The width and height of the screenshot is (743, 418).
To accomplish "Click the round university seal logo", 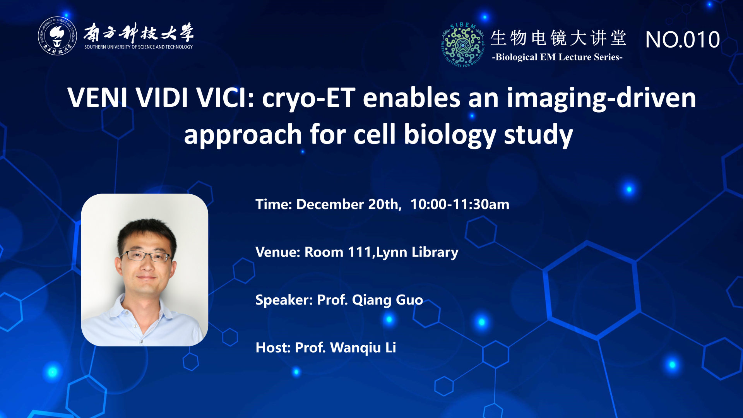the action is click(57, 36).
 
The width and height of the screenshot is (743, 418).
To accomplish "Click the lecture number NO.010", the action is click(683, 39).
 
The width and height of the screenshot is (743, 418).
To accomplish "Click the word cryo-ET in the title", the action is click(308, 98).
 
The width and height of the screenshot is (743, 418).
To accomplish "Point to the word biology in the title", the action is click(450, 135).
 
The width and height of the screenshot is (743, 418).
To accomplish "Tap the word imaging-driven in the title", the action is click(601, 98).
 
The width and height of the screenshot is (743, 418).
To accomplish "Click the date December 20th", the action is click(349, 204).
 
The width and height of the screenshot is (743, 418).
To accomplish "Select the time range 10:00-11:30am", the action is click(460, 204).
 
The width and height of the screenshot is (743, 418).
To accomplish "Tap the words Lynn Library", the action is click(417, 252).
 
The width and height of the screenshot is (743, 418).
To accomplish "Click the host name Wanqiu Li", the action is click(363, 348).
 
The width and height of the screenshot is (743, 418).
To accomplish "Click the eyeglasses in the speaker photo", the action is click(146, 256).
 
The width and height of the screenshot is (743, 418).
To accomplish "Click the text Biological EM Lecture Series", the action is click(557, 57).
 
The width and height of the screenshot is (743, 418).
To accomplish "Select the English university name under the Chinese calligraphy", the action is click(139, 47).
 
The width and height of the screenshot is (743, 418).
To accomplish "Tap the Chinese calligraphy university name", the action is click(139, 33).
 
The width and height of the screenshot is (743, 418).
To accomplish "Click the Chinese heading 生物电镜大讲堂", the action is click(558, 38).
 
